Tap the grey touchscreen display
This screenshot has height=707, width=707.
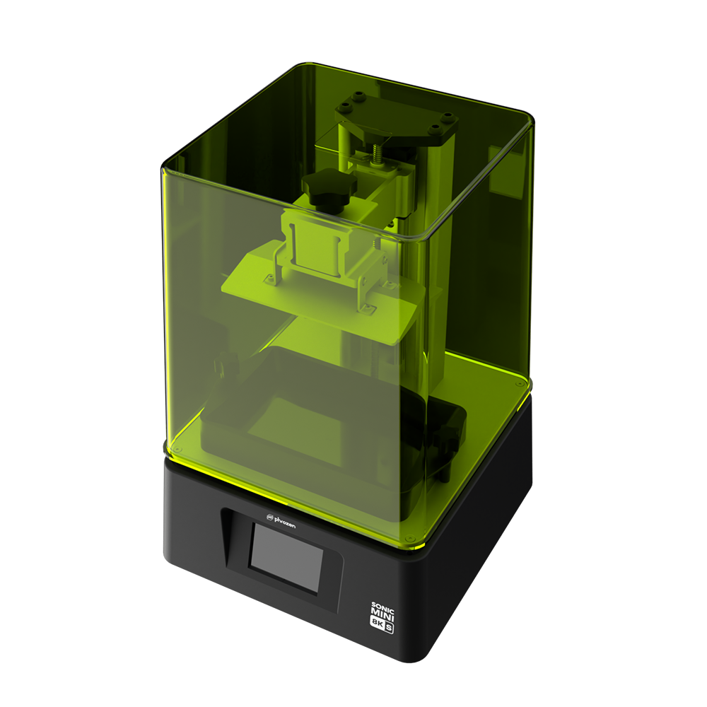287,559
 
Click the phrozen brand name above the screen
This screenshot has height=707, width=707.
285,522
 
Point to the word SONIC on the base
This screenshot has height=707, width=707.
382,607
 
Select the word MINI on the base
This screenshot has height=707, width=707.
382,615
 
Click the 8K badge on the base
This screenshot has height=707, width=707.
377,622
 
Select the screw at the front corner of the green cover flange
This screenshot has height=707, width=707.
410,538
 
